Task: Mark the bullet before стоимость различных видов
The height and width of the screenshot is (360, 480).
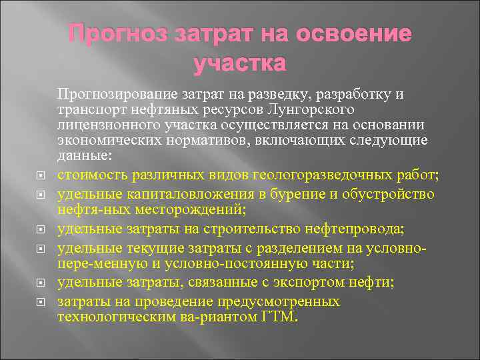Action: [39, 176]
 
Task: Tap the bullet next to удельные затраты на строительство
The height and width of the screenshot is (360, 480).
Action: [39, 230]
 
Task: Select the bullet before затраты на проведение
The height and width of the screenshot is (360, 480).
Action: [39, 302]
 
